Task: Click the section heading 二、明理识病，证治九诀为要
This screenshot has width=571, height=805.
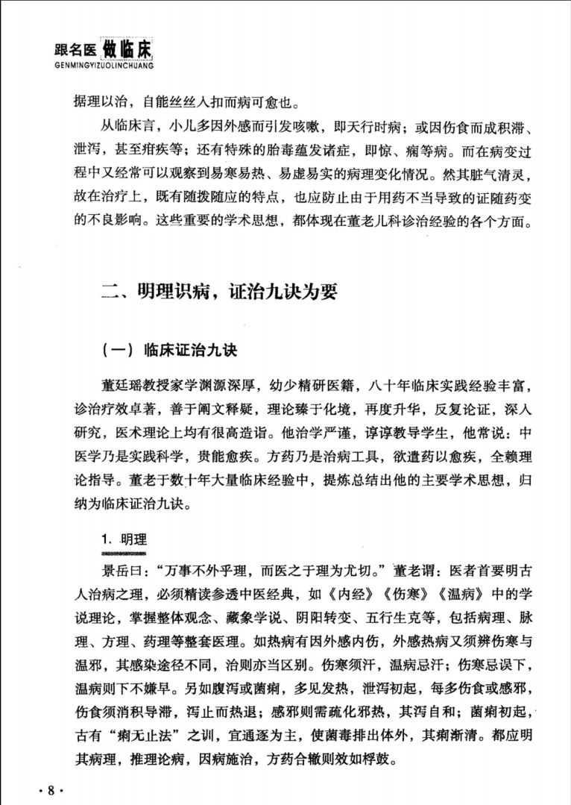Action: coord(219,292)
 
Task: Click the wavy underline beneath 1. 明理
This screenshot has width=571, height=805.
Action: coord(125,554)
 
